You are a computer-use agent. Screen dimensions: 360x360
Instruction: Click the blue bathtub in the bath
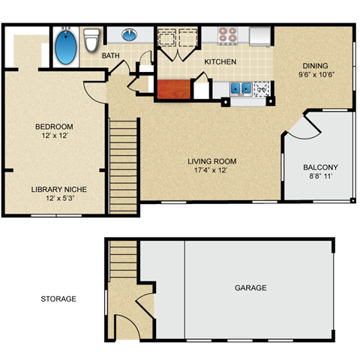66,46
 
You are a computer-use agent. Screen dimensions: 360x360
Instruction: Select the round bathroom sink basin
130,34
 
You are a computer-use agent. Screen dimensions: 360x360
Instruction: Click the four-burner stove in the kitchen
226,35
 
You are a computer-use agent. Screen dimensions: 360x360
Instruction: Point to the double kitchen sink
240,88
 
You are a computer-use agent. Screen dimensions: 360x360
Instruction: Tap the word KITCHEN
220,61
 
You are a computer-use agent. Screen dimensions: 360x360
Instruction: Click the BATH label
112,56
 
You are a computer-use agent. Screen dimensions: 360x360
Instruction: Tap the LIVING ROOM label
212,161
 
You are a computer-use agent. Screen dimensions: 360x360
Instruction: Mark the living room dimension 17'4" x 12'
212,171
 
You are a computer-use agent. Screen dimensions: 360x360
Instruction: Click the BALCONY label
320,167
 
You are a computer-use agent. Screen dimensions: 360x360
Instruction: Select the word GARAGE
250,288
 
